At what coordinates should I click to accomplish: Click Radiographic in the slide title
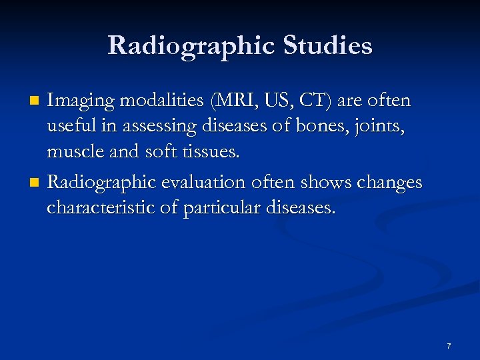191,46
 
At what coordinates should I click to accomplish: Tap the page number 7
449,346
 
